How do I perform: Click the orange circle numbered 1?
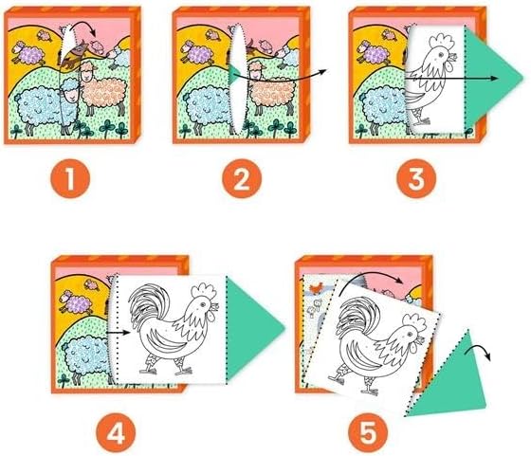[x=70, y=179]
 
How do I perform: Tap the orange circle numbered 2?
[x=242, y=179]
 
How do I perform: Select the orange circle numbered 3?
[x=416, y=179]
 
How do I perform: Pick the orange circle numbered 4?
[x=116, y=434]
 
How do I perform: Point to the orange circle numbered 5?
[x=368, y=433]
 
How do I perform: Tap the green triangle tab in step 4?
[x=252, y=328]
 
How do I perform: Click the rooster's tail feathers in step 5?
[x=354, y=317]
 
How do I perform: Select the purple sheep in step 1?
[x=28, y=53]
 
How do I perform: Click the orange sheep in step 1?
[x=102, y=89]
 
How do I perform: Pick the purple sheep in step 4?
[x=76, y=302]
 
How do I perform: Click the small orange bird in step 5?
[x=316, y=288]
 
